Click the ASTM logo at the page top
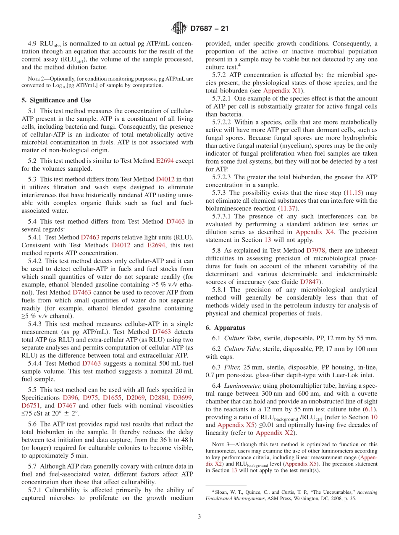179,29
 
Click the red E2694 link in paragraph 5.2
165,161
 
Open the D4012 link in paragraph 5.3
165,179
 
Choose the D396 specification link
70,397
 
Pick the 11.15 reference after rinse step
351,193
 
